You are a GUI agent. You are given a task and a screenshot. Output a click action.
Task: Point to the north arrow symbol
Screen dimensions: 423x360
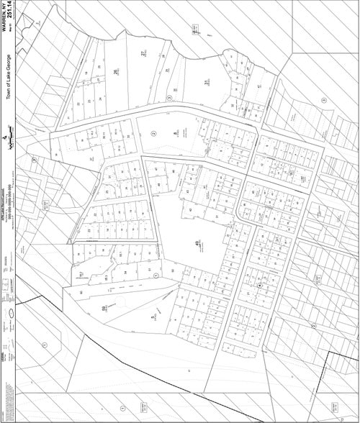(x=7, y=138)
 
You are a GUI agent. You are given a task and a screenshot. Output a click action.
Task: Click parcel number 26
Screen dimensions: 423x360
(x=116, y=71)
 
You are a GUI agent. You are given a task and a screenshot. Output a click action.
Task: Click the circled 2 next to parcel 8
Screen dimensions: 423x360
(x=152, y=134)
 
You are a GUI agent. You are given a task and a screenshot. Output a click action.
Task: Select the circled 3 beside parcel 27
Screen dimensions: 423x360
(x=168, y=97)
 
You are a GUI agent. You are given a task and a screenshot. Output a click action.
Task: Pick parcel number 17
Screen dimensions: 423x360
(x=91, y=135)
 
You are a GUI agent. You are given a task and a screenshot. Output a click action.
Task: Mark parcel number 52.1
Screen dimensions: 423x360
(x=106, y=277)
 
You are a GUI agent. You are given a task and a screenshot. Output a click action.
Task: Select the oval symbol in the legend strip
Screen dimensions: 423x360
(x=10, y=314)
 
